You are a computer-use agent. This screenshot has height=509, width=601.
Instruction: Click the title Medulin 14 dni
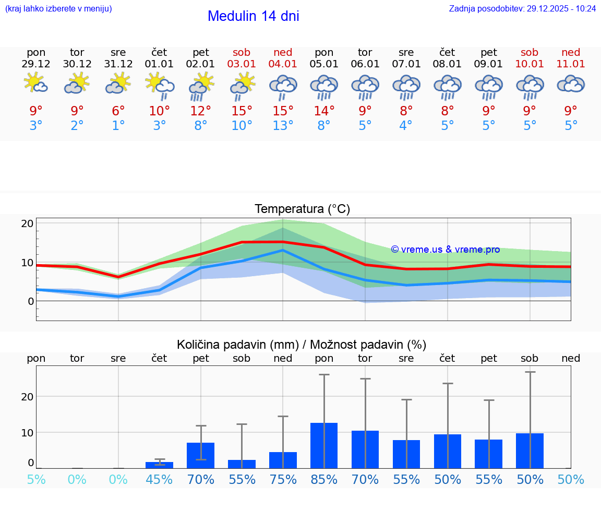(253, 16)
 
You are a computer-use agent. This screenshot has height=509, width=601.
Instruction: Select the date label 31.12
(118, 64)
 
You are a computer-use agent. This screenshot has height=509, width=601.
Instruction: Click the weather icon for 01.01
(160, 85)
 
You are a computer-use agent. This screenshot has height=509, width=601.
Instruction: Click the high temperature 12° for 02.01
(201, 111)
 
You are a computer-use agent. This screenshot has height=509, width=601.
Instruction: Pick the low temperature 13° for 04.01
(283, 126)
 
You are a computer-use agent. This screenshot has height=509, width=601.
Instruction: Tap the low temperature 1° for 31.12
(118, 126)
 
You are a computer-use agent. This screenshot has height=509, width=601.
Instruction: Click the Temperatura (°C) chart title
(302, 209)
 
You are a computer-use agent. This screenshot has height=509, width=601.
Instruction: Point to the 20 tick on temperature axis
(28, 223)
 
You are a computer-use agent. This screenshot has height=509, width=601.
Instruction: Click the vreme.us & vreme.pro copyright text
(446, 250)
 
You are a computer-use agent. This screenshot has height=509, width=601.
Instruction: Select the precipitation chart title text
(302, 345)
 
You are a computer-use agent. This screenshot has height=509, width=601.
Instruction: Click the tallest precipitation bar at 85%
(324, 445)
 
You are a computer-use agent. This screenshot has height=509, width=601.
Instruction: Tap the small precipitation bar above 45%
(160, 465)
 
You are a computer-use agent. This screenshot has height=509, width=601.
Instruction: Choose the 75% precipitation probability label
(283, 480)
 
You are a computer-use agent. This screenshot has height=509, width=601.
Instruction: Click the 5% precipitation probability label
(36, 480)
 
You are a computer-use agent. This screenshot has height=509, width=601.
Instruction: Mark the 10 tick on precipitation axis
(28, 432)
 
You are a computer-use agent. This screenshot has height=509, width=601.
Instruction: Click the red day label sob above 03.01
(242, 52)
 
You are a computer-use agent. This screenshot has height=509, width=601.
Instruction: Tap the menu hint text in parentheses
(58, 8)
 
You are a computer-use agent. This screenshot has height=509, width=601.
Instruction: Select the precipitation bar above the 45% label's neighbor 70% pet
(201, 455)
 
